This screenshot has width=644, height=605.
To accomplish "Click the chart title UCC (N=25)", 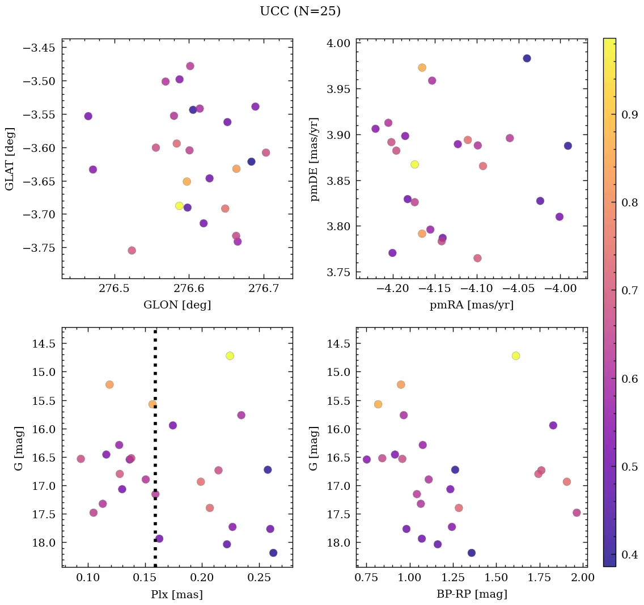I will coord(300,11).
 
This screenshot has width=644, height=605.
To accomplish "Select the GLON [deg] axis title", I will coord(177,305).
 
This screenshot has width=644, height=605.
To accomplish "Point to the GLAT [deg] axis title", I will coord(10,158).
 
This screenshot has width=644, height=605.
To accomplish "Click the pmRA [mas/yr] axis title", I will coord(471,305).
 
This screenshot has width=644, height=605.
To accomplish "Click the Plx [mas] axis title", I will coord(177,594).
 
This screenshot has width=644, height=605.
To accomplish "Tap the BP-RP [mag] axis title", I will coord(471,594).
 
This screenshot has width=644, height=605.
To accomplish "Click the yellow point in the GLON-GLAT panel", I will coord(179,206).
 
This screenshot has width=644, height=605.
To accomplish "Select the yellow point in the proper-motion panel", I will coord(414,164).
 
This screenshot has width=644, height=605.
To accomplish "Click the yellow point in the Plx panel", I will coord(230,356).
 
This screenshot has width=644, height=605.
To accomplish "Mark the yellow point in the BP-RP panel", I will coord(515,356).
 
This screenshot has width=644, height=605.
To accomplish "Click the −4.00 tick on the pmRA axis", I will coord(560,289).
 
